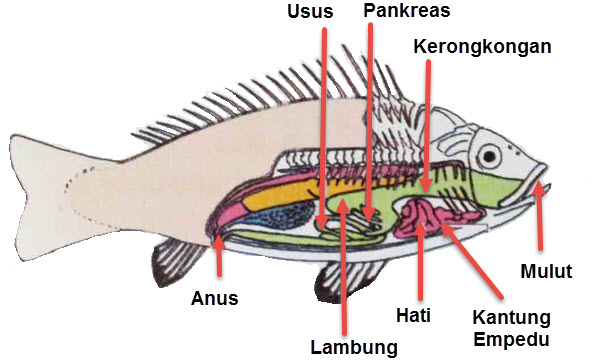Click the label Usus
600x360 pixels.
click(x=310, y=12)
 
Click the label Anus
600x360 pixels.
click(x=215, y=297)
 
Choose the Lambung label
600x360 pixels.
click(x=352, y=347)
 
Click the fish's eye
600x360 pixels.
click(x=490, y=156)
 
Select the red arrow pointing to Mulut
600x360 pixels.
click(x=540, y=215)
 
